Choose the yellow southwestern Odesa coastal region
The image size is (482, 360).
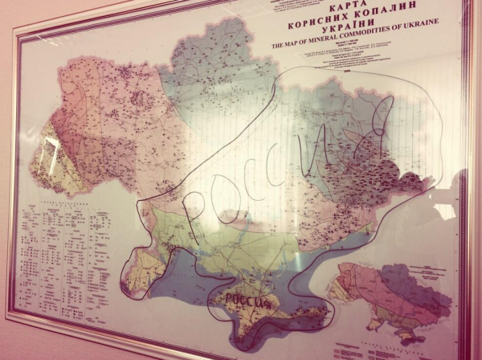click(145, 265)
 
